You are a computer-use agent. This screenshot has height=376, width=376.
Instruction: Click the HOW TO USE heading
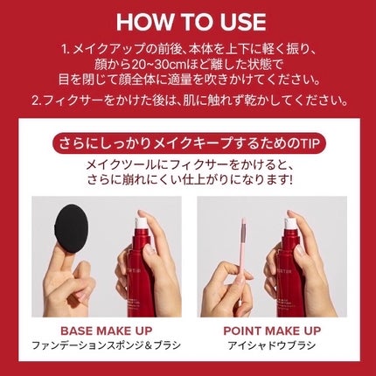coord(188,21)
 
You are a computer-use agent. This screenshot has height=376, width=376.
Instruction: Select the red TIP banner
coord(187,143)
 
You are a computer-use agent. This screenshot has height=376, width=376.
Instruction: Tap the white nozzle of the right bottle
coord(289,223)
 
